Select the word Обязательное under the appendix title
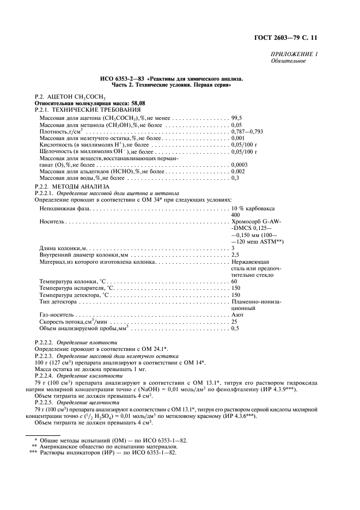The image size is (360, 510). (288, 60)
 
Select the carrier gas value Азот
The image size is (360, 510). (237, 315)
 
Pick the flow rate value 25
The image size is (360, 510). (235, 322)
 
